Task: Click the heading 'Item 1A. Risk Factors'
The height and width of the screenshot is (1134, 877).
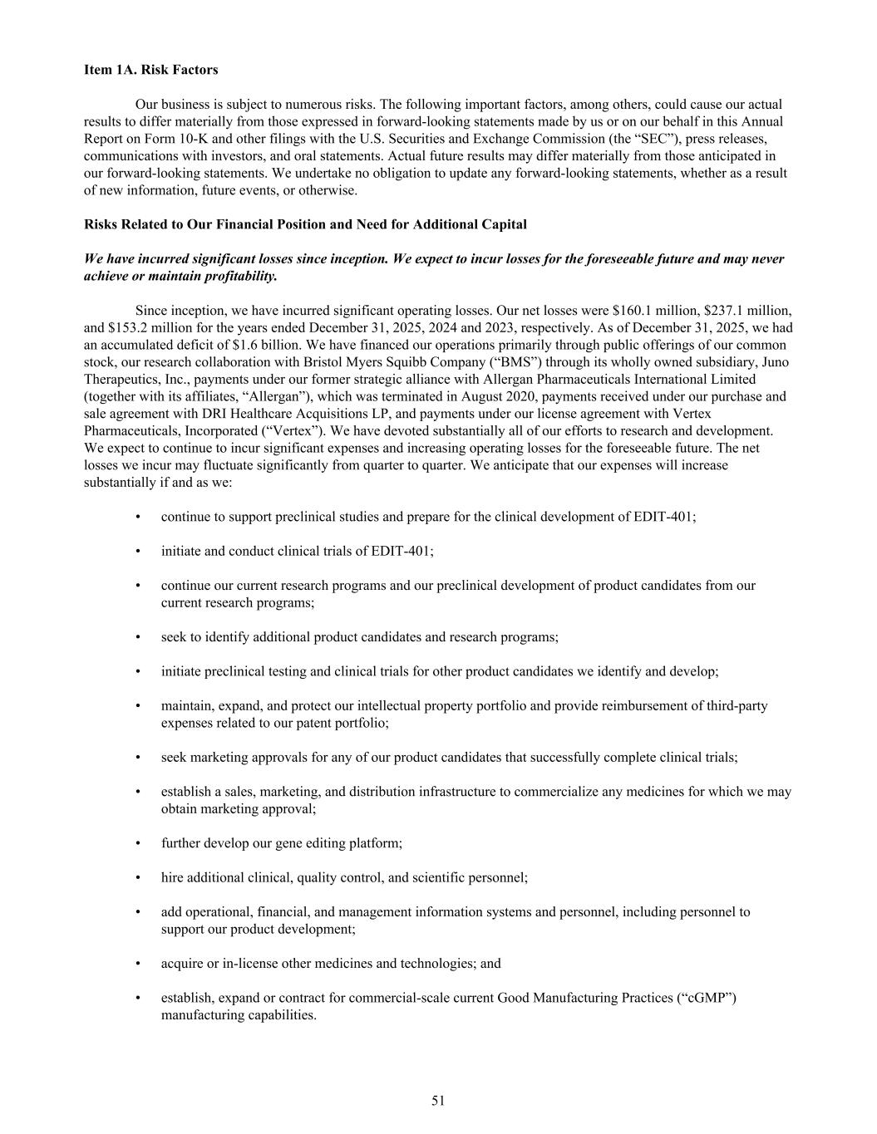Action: [150, 70]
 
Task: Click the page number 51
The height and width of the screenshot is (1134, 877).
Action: [438, 1101]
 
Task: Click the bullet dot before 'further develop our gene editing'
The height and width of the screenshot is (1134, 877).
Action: [138, 843]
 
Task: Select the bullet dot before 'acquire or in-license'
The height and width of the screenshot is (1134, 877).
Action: [138, 964]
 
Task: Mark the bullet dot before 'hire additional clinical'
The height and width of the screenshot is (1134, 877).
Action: [138, 877]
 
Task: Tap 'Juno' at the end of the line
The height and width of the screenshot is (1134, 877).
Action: [774, 362]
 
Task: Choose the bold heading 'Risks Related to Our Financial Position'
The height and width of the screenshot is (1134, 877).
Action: [305, 224]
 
